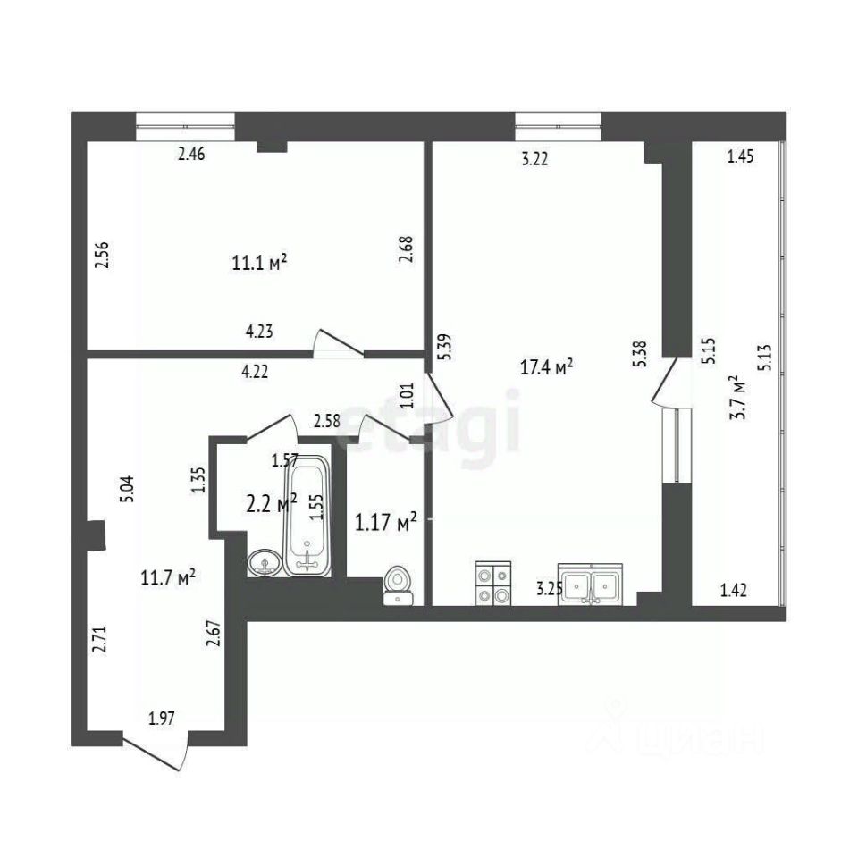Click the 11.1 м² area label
coord(260,263)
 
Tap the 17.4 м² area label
coord(546,367)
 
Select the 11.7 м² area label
coord(169,577)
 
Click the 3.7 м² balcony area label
coord(740,397)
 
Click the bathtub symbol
coord(307,515)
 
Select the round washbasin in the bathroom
coord(265,562)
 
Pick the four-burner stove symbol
coord(493,584)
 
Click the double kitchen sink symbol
coord(591,585)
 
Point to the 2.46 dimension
coord(191,155)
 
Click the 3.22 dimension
coord(534,159)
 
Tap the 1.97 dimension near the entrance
coord(162,718)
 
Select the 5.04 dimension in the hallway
coord(128,489)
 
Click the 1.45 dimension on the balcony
coord(740,156)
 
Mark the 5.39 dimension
coord(446,347)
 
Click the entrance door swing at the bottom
coord(156,752)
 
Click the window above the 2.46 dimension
coord(186,126)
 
